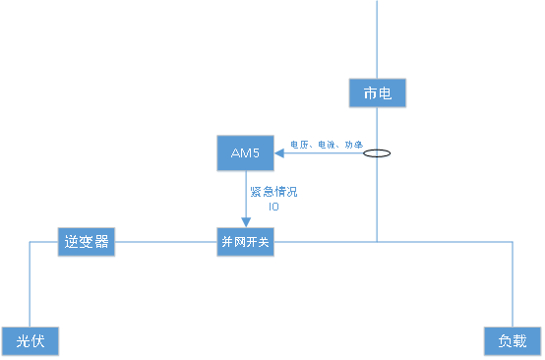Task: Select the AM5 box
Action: pos(245,152)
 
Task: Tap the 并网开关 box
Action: pos(245,242)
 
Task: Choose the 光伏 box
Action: pos(30,341)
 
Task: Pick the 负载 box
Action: pos(513,341)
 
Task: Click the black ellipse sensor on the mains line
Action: pos(378,153)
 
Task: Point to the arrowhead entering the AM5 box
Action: pos(279,153)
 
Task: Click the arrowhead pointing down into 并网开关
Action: pos(245,222)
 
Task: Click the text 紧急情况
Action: pos(273,192)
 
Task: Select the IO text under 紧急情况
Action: pos(274,207)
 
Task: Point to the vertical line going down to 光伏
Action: pos(30,285)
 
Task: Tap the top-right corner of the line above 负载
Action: pos(513,241)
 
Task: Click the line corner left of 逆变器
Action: pos(30,241)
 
